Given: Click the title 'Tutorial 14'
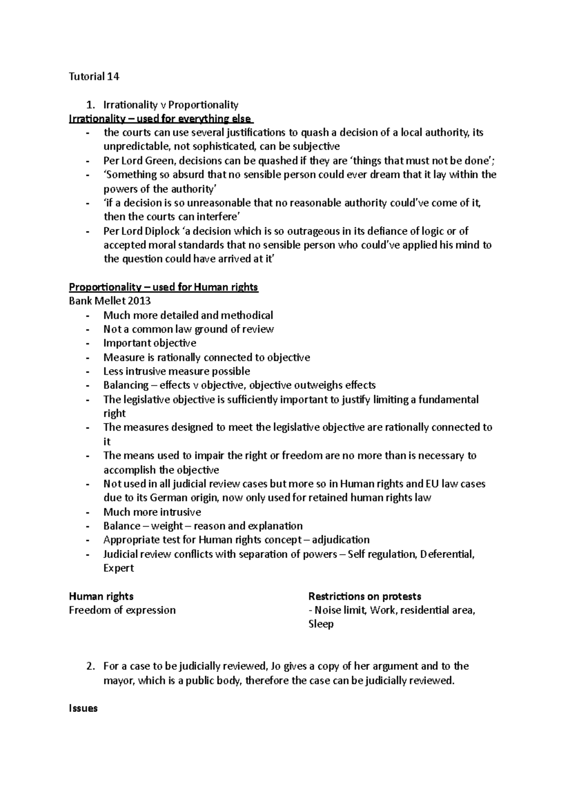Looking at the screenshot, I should coord(94,77).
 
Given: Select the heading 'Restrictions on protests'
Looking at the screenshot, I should coord(365,596).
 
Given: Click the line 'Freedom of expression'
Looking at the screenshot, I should coord(123,610).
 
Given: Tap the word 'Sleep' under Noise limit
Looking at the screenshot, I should coord(321,624).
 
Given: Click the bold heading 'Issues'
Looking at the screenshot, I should coord(83,709).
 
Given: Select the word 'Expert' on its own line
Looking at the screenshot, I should coord(119,568).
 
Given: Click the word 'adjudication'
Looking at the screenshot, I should coord(341,540).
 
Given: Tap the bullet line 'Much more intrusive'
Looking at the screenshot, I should coord(152,512).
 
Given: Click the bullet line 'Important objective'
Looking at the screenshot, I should coord(150,343).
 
